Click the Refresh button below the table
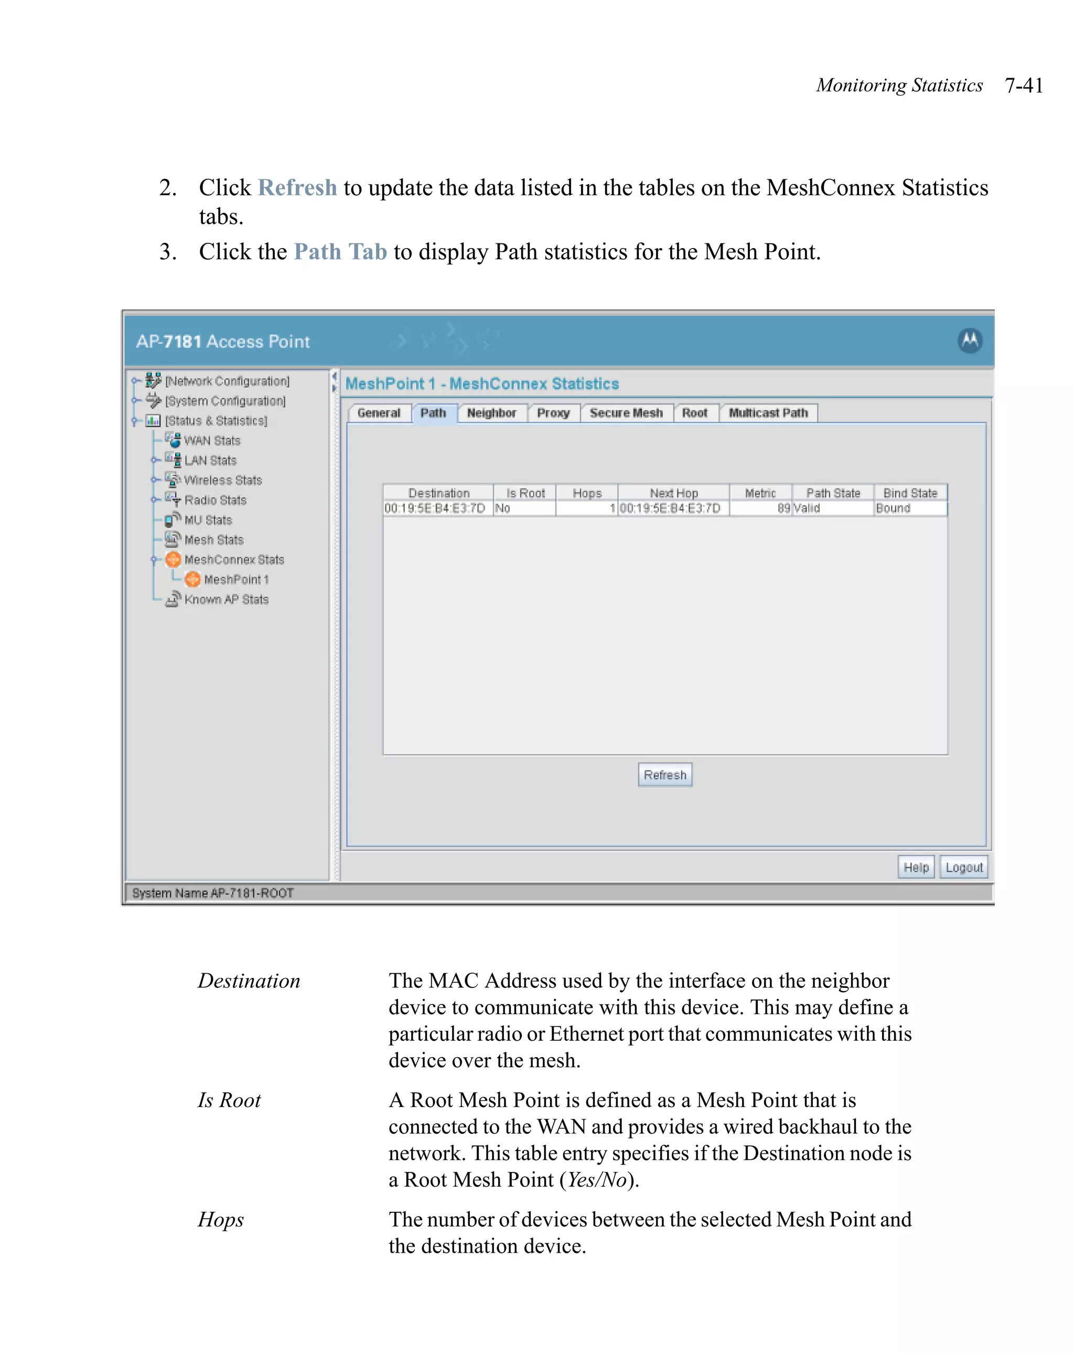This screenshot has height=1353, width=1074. [x=664, y=774]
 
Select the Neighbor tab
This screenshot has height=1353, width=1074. [x=491, y=413]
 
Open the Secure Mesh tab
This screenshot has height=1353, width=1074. [x=626, y=413]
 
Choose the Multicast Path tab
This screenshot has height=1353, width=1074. [x=768, y=413]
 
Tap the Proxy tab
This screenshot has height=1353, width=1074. [x=553, y=413]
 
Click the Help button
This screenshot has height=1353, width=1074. [x=915, y=867]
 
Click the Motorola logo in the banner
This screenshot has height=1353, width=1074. [x=969, y=341]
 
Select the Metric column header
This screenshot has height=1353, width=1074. [x=760, y=493]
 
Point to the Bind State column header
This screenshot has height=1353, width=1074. [x=910, y=493]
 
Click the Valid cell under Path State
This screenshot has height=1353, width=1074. [x=808, y=508]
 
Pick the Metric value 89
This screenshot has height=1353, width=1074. [x=783, y=508]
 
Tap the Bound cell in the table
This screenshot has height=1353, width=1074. [x=893, y=508]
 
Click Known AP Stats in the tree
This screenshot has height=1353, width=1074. [x=226, y=599]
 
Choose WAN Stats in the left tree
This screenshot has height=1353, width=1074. [x=212, y=441]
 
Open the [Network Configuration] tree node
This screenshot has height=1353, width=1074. [x=227, y=381]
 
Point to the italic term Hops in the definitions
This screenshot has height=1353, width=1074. [x=221, y=1219]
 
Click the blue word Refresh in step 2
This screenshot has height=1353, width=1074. [x=297, y=188]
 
